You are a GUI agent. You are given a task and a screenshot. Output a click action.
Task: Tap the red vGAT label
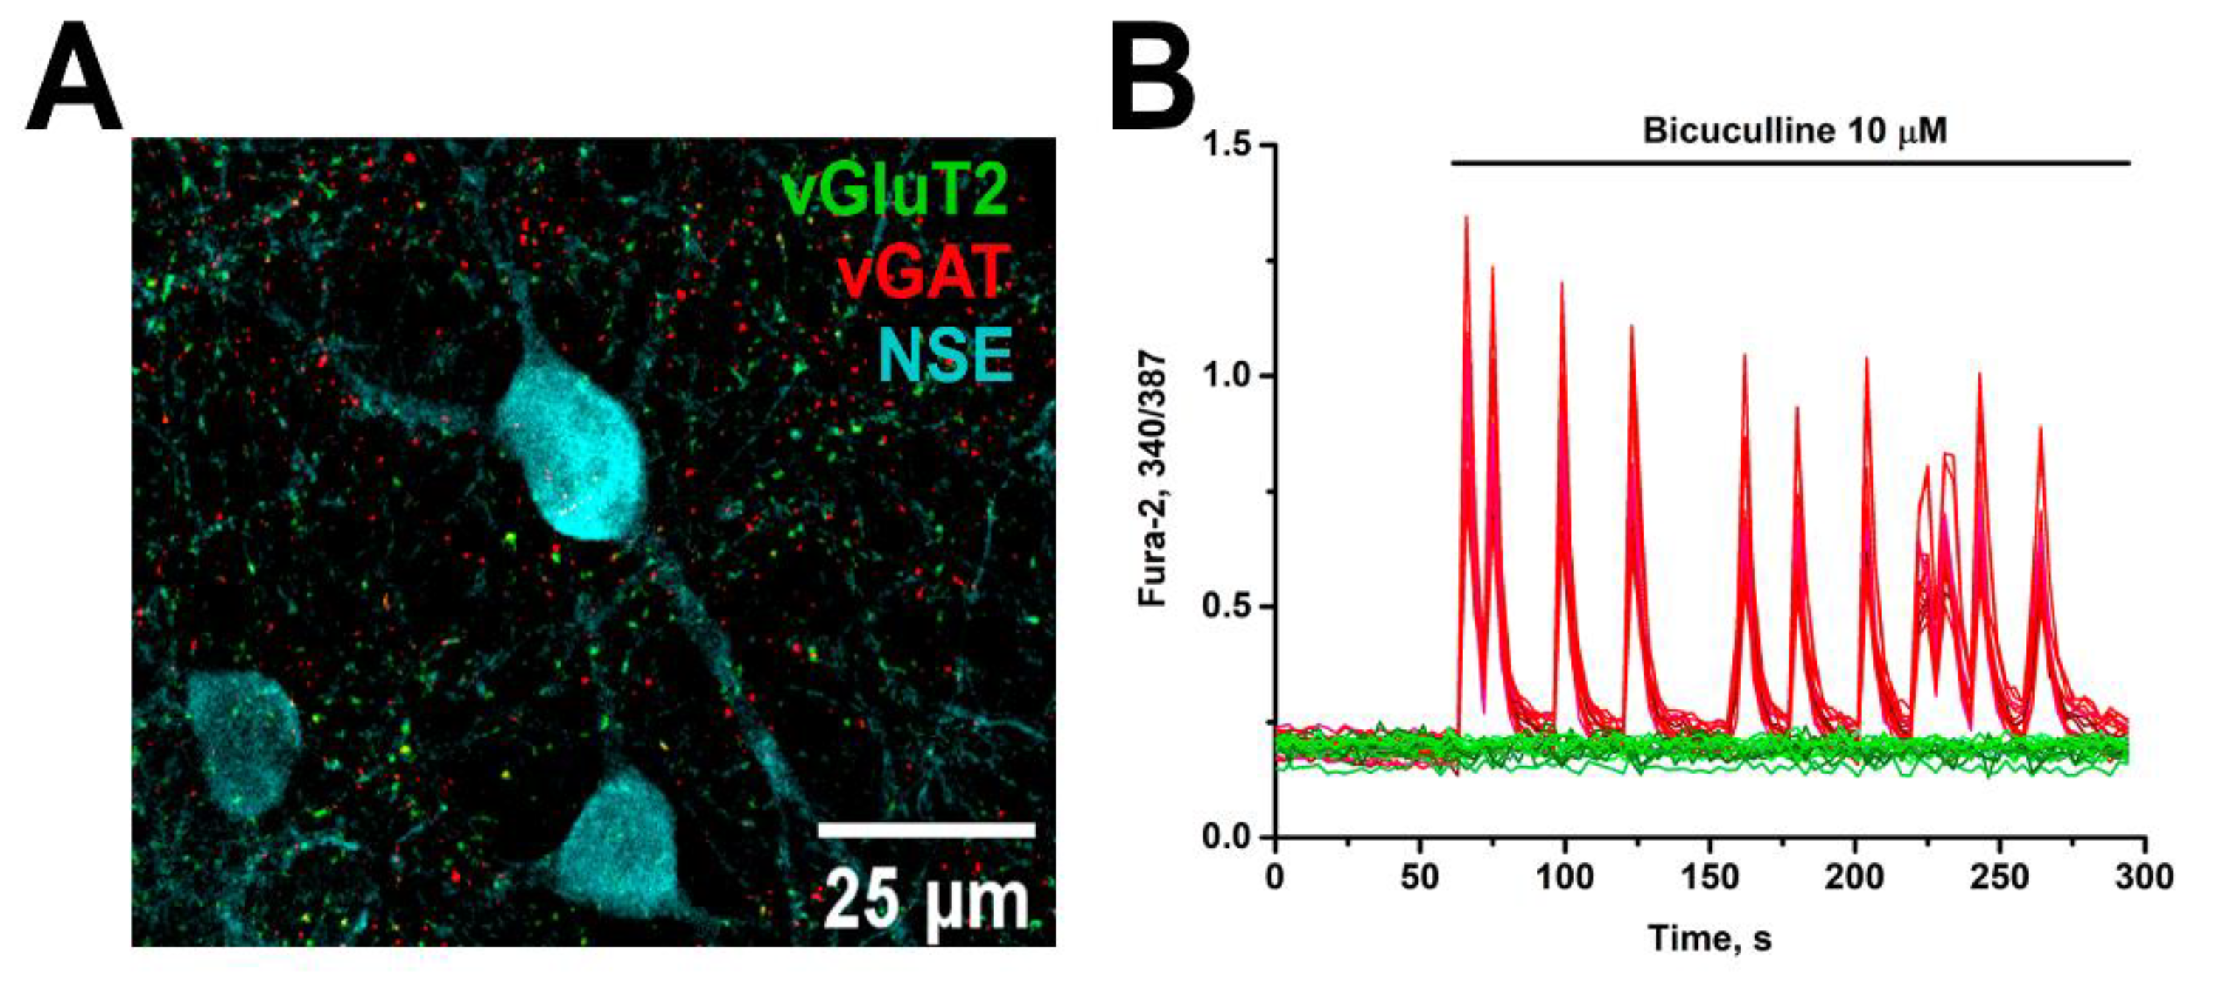click(x=923, y=272)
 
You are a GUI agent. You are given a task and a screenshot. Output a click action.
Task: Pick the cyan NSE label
click(x=945, y=355)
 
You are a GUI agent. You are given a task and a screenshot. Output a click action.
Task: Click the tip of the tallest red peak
click(x=1466, y=217)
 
